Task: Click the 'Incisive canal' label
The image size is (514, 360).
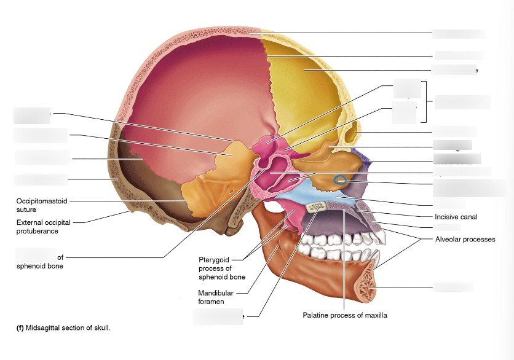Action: (x=456, y=217)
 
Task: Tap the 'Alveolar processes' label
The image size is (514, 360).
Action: (x=464, y=239)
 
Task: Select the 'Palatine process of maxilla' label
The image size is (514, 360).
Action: (x=344, y=315)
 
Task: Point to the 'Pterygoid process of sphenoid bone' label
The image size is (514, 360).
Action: (x=222, y=268)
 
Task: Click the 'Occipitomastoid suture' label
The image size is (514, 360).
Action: (x=42, y=205)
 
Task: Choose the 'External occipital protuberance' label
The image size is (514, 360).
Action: (x=45, y=227)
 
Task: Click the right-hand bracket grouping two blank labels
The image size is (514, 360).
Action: (x=424, y=101)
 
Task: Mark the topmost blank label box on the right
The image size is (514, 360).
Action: (x=458, y=34)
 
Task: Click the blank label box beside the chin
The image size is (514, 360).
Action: (x=453, y=287)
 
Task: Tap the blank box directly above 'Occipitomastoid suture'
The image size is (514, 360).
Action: (x=41, y=180)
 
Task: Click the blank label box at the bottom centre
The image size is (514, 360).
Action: (x=218, y=316)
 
